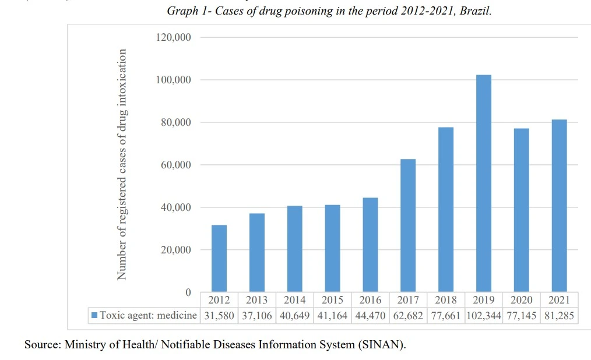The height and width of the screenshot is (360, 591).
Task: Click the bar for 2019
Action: tap(484, 183)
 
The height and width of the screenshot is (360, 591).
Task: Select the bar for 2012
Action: tap(219, 258)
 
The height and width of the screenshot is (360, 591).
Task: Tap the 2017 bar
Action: tap(408, 225)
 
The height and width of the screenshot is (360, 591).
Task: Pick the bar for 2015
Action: tap(332, 248)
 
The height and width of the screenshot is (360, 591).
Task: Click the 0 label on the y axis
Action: tap(188, 292)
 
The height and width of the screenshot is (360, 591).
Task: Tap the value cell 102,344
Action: tap(484, 315)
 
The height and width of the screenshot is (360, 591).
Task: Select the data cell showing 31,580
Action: tap(219, 315)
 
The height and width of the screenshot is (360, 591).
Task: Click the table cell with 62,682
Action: tap(408, 315)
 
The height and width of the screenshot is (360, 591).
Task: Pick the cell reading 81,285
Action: tap(560, 315)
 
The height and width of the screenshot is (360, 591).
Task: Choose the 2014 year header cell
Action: tap(294, 300)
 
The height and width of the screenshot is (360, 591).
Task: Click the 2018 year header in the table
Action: tap(446, 300)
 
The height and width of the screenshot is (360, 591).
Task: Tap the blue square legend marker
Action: tap(94, 315)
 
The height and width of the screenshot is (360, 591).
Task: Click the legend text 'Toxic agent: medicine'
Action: tap(148, 315)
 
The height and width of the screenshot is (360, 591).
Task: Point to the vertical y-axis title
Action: tap(122, 164)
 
